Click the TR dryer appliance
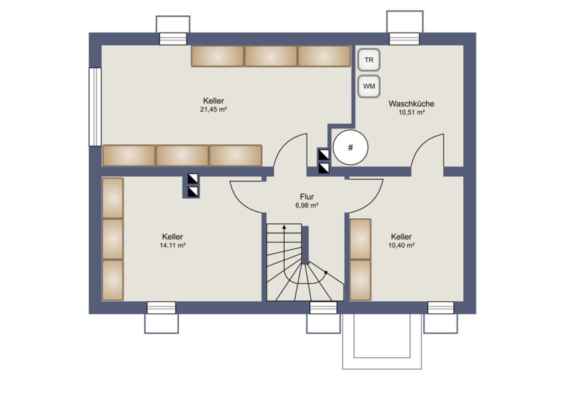[369, 60]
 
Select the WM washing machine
[369, 86]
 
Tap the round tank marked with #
[350, 148]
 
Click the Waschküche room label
[411, 104]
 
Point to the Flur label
[307, 197]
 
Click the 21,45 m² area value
[214, 110]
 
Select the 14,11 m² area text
[172, 245]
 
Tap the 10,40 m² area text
[401, 245]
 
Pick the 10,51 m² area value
[411, 112]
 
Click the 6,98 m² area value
[307, 205]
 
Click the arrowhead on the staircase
[284, 227]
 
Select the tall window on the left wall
[95, 106]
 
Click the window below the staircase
[323, 307]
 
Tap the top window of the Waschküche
[405, 39]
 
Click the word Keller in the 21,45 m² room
[214, 101]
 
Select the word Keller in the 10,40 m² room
[401, 237]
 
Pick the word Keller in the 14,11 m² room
[172, 237]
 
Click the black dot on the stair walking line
[325, 272]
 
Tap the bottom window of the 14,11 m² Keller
[162, 307]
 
